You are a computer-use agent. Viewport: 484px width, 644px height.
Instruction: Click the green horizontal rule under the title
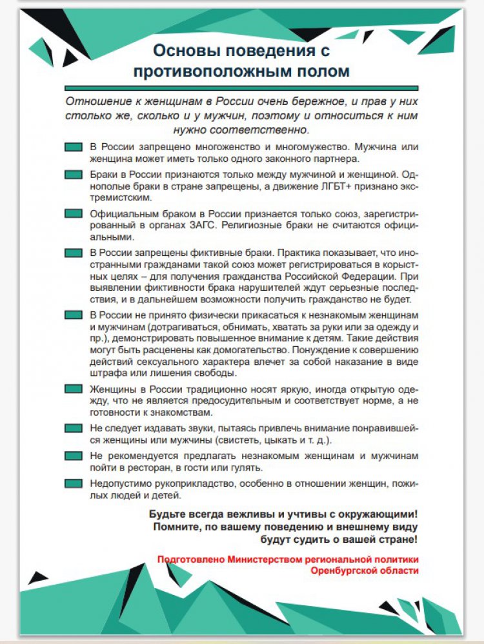point(241,88)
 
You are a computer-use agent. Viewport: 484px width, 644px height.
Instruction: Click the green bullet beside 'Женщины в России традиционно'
point(74,389)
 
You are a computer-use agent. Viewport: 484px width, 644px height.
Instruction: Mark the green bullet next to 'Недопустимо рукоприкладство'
point(74,483)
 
